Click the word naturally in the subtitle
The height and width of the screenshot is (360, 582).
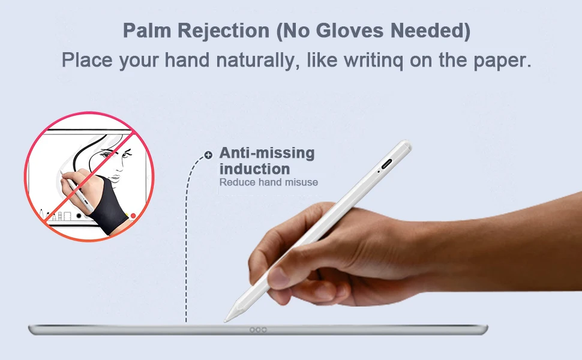[250, 61]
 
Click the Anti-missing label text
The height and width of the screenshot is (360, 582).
[266, 153]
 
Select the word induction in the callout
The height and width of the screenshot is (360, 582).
[254, 169]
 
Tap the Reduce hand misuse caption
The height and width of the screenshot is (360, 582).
[268, 182]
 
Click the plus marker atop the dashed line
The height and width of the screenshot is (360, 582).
[208, 155]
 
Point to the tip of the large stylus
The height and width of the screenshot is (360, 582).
[227, 320]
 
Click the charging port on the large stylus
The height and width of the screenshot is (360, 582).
[386, 163]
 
